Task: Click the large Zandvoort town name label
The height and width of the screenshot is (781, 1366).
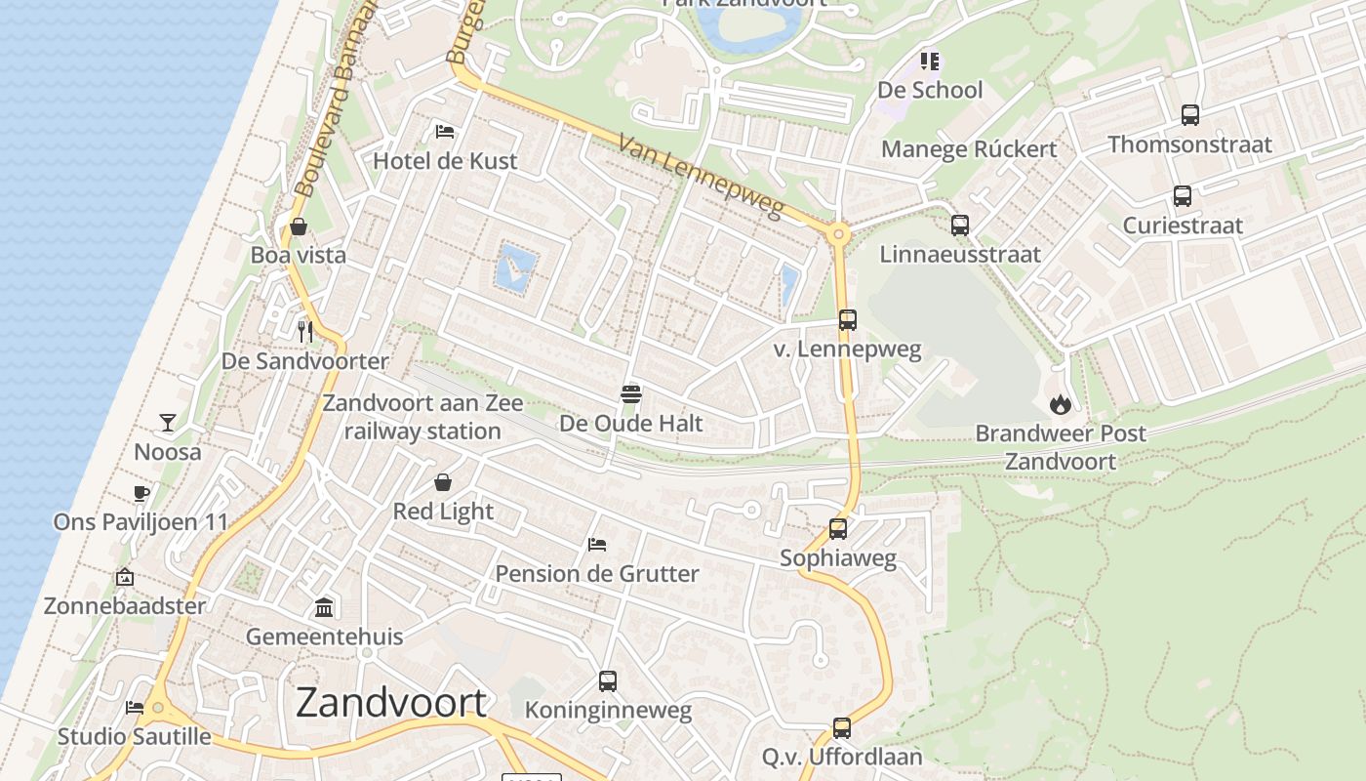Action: click(x=390, y=703)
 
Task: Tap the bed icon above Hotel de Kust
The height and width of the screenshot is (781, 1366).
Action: click(x=445, y=132)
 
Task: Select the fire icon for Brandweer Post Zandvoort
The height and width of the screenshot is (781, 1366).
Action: click(x=1061, y=403)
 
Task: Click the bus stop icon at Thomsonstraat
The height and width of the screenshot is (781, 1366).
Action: click(x=1190, y=115)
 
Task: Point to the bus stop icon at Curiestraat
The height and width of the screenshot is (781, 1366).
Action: click(x=1183, y=196)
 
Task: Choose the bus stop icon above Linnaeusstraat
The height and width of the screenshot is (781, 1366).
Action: click(x=960, y=226)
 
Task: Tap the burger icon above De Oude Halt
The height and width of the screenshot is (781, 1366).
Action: click(x=631, y=394)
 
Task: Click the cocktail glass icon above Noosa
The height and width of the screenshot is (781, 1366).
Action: click(x=168, y=423)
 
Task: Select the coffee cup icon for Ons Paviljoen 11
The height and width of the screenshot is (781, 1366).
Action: click(x=141, y=493)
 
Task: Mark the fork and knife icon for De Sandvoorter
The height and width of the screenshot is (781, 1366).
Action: click(x=305, y=332)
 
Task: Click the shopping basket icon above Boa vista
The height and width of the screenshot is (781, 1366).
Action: click(x=299, y=226)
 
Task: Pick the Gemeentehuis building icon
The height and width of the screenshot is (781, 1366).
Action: click(x=324, y=608)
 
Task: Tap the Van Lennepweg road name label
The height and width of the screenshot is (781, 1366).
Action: click(x=702, y=176)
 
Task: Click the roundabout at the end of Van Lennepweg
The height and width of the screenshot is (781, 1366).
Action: click(x=838, y=234)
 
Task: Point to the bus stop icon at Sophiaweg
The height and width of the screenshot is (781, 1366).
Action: click(x=838, y=529)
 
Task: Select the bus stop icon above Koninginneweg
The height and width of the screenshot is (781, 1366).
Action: click(x=608, y=681)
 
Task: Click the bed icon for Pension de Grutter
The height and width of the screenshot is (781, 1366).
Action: click(x=597, y=545)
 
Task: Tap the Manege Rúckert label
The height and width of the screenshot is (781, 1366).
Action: click(x=969, y=149)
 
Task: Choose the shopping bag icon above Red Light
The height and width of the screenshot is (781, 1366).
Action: click(x=443, y=482)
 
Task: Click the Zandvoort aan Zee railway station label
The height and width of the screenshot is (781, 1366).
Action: click(x=422, y=417)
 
